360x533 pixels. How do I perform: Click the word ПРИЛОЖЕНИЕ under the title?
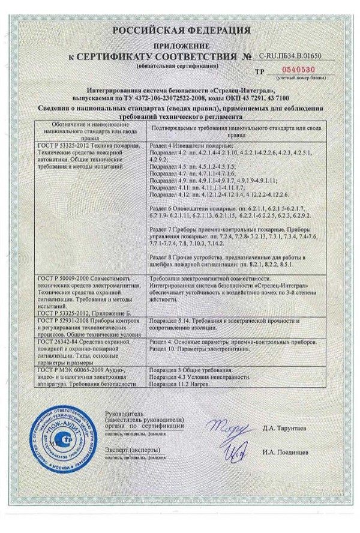[x=180, y=46]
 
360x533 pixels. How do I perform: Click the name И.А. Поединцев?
[x=285, y=450]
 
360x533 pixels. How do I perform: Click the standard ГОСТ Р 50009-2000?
[x=61, y=279]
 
